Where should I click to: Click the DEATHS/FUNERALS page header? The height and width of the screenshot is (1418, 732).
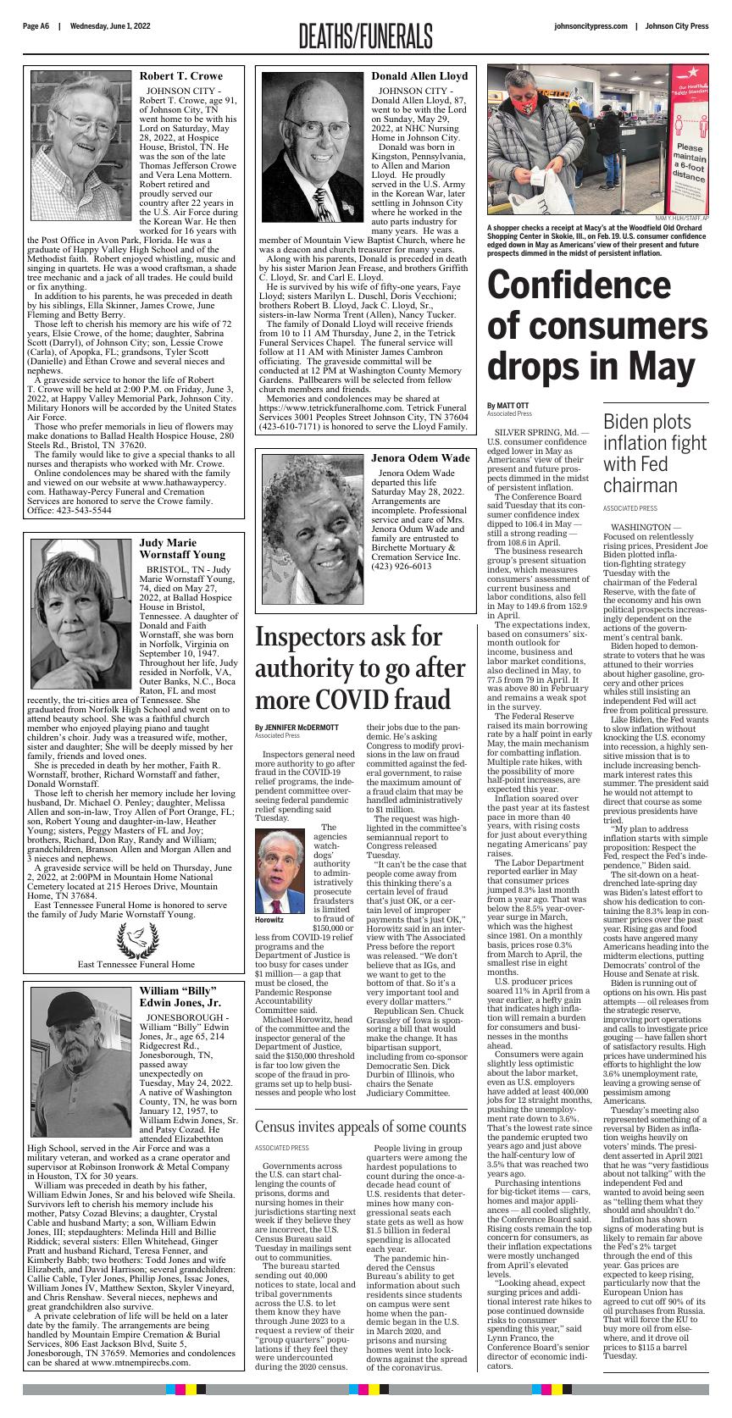[365, 36]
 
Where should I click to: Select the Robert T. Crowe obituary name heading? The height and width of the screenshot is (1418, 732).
[180, 76]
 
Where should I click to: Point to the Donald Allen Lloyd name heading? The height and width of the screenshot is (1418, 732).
[419, 76]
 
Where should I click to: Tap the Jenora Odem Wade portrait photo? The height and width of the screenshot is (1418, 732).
[313, 529]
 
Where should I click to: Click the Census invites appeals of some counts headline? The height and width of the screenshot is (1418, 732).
[360, 1127]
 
